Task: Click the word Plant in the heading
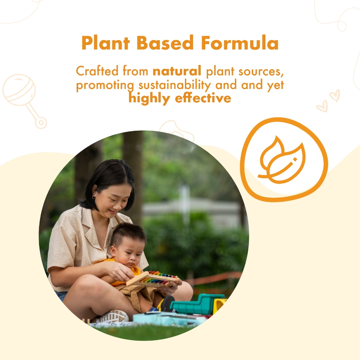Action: click(105, 43)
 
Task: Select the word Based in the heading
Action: click(165, 43)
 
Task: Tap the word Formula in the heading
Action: click(240, 43)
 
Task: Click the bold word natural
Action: click(177, 71)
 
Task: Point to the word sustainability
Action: click(174, 85)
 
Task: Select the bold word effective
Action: click(203, 98)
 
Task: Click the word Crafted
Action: click(97, 71)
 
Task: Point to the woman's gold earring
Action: click(93, 197)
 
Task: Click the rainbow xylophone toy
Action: click(153, 278)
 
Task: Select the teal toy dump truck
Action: click(198, 304)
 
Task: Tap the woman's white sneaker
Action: click(114, 317)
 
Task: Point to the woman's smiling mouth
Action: click(112, 211)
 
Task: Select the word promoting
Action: click(105, 85)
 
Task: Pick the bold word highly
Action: click(149, 98)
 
